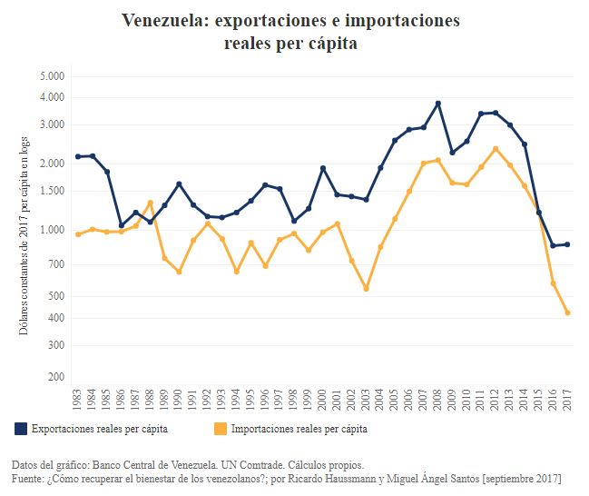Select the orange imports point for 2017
coord(568,313)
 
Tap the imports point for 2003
coord(367,289)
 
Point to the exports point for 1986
coord(122,225)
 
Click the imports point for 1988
coord(150,203)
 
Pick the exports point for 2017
coord(568,244)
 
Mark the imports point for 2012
coord(496,149)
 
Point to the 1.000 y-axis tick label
coord(52,230)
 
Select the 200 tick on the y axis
coord(56,377)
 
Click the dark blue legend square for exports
coord(20,427)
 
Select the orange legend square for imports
coord(221,427)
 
